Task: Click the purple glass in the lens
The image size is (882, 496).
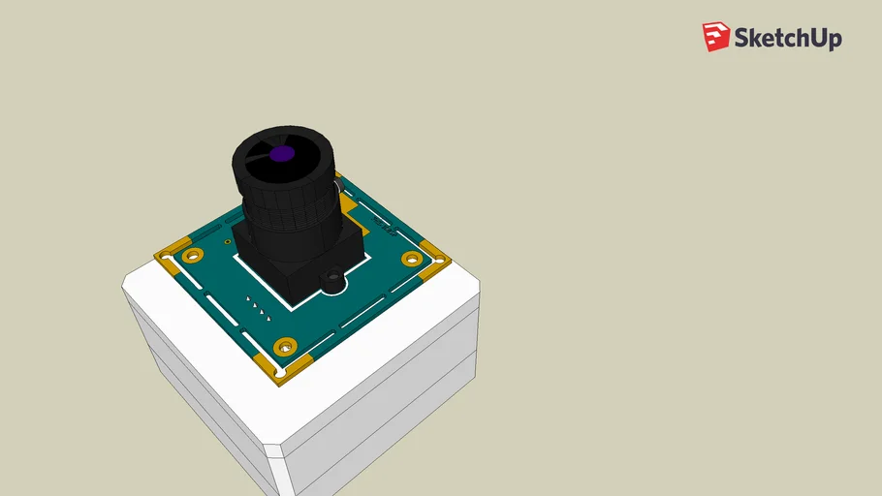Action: coord(281,153)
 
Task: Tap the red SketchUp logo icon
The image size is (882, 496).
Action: coord(715,37)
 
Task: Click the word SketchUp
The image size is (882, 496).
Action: coord(787,39)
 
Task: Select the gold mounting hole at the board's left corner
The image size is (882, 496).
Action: coord(193,256)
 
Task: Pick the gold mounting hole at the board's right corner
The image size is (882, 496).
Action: coord(412,259)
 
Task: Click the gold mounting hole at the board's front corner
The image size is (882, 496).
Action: coord(285,346)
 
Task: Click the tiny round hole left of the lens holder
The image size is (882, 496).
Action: coord(227,242)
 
